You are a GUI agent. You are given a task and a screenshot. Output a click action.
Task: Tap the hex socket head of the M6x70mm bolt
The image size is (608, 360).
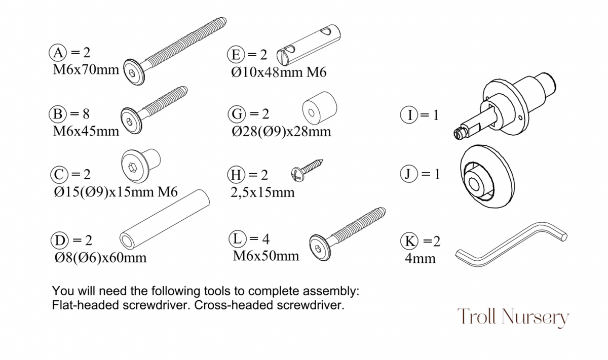click(132, 74)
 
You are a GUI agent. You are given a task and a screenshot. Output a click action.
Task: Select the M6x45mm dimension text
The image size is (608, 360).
click(86, 132)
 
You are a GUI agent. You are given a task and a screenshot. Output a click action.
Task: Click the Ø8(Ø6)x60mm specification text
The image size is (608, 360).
click(100, 258)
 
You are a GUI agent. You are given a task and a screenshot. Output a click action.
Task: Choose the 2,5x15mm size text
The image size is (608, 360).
click(262, 192)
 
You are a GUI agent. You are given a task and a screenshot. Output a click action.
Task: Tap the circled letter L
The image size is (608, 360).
click(238, 238)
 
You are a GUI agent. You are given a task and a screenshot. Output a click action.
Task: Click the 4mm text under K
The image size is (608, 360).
click(420, 258)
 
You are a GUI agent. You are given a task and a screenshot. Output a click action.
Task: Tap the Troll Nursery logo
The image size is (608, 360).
click(513, 317)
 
